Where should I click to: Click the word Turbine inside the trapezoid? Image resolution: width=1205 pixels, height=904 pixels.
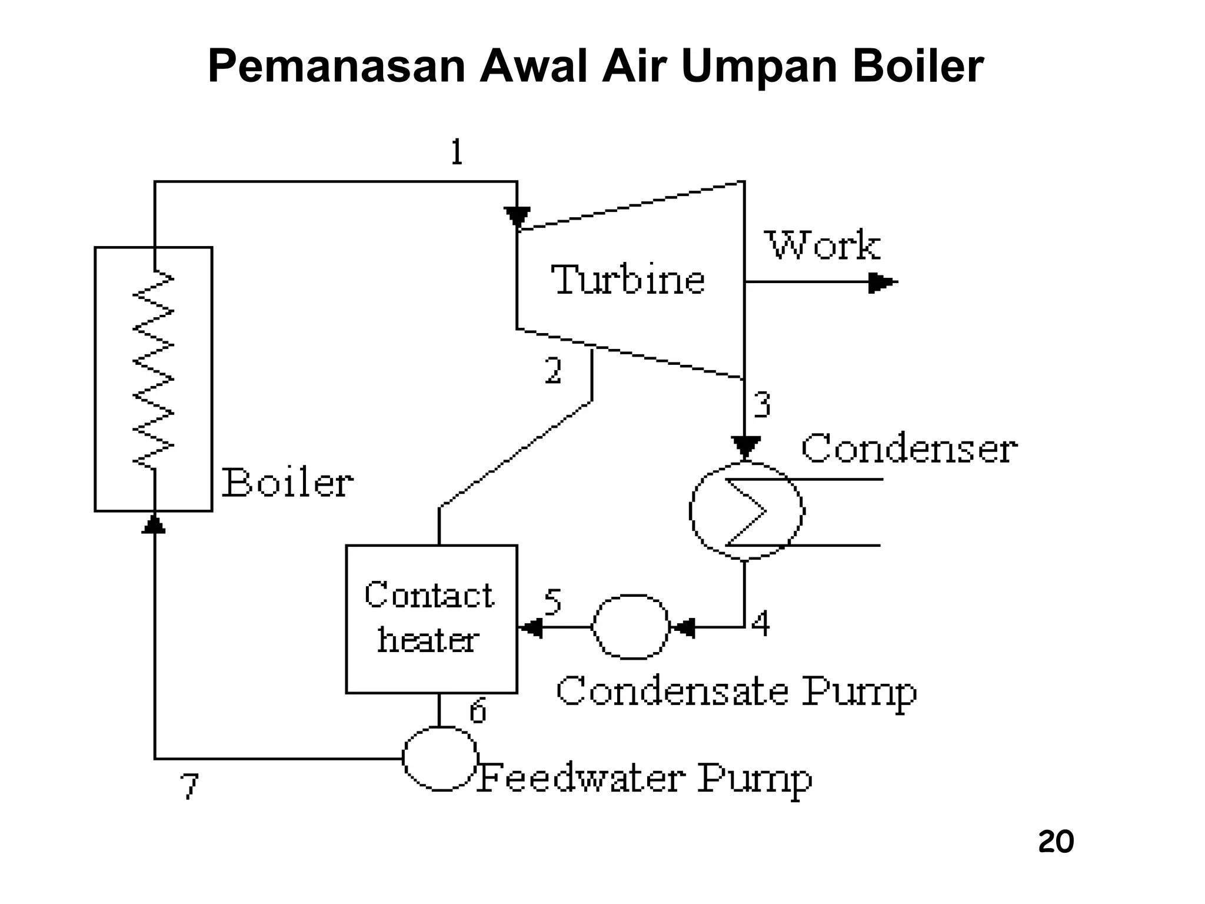pyautogui.click(x=628, y=280)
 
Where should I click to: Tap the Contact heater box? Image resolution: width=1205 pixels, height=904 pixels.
pyautogui.click(x=431, y=619)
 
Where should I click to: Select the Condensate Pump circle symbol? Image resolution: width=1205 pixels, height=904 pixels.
pyautogui.click(x=630, y=627)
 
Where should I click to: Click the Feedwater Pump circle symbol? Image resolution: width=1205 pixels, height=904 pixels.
pyautogui.click(x=440, y=758)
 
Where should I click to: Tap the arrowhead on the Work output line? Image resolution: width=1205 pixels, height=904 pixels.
pyautogui.click(x=882, y=282)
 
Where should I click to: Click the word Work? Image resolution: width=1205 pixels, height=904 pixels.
pyautogui.click(x=823, y=245)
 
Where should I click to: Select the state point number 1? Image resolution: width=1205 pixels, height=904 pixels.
pyautogui.click(x=457, y=152)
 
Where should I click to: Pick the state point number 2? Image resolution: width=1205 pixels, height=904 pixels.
pyautogui.click(x=552, y=371)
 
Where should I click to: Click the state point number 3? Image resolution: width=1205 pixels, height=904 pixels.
pyautogui.click(x=762, y=405)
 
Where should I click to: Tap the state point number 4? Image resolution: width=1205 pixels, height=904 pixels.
pyautogui.click(x=761, y=624)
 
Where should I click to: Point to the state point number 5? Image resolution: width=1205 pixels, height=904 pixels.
pyautogui.click(x=552, y=601)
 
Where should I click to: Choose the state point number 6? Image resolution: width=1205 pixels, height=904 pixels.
pyautogui.click(x=477, y=710)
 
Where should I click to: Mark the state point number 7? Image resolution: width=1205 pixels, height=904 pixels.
pyautogui.click(x=189, y=786)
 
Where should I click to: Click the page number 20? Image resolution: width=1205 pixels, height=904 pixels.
pyautogui.click(x=1056, y=842)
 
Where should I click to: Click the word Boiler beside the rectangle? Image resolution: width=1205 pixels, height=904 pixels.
pyautogui.click(x=287, y=483)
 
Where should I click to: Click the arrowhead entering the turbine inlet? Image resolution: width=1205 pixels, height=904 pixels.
pyautogui.click(x=517, y=217)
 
